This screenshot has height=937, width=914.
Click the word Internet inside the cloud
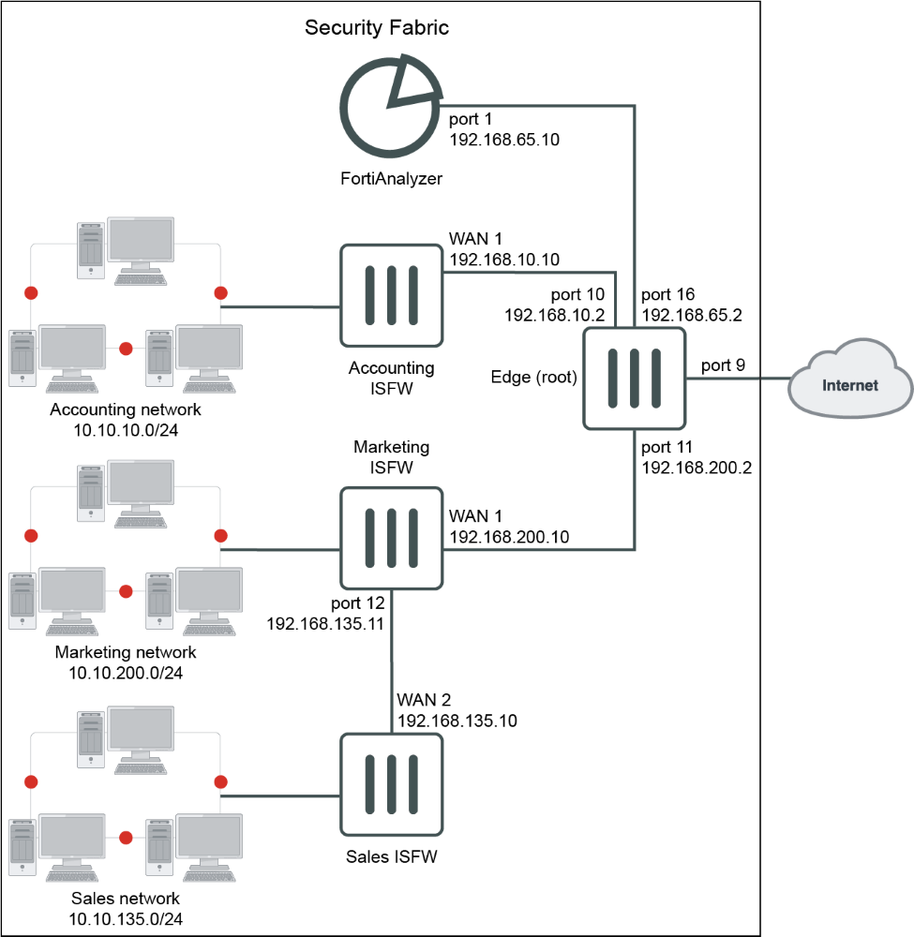(x=850, y=385)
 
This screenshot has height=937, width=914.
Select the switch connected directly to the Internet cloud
(x=635, y=379)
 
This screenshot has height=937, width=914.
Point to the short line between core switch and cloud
(x=736, y=379)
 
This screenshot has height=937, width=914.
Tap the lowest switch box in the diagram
(x=391, y=784)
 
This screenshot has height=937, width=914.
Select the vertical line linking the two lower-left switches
(x=392, y=661)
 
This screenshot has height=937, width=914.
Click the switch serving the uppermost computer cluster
(x=391, y=295)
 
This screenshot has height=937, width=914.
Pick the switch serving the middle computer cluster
(x=391, y=538)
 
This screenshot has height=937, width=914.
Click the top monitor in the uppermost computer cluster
(x=141, y=240)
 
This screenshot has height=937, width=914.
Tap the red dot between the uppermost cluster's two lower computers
(x=127, y=349)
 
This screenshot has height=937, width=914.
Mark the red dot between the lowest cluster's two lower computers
(x=127, y=837)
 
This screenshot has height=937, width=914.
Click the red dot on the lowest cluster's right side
(x=221, y=781)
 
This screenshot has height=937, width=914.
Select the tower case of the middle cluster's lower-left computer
(x=22, y=600)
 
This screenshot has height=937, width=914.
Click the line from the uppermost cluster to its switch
(x=281, y=306)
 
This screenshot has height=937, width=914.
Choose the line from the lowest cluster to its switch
(x=281, y=796)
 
